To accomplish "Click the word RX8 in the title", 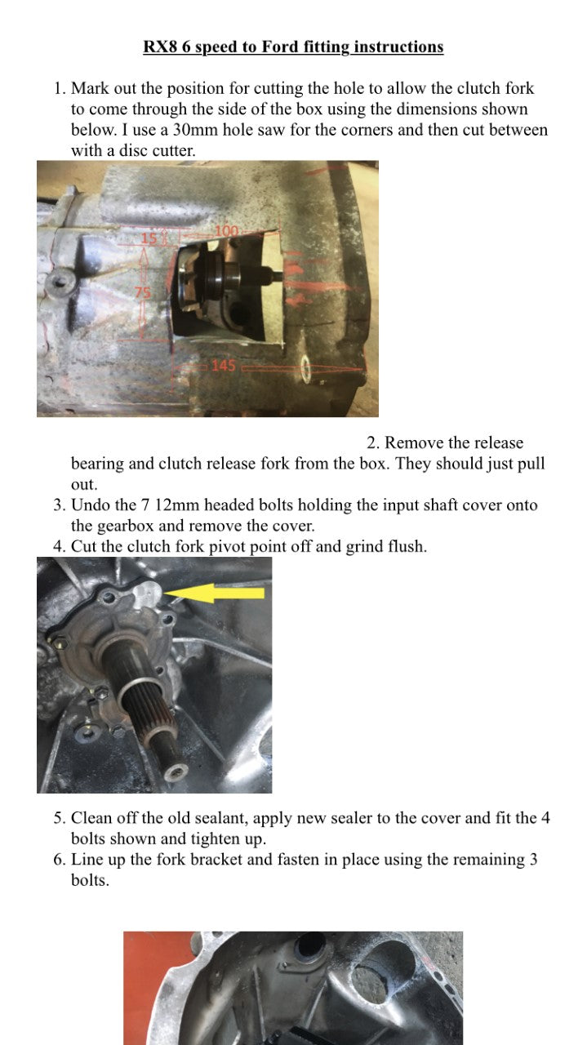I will click(161, 47).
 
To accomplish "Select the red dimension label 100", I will click(226, 231).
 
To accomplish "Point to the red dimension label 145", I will click(224, 366).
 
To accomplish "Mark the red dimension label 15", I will click(149, 238).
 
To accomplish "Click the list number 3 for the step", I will click(59, 505).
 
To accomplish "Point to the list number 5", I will click(59, 818).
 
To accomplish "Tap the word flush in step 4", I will click(404, 547).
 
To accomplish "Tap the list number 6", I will click(59, 860).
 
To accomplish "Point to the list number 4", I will click(59, 547).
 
